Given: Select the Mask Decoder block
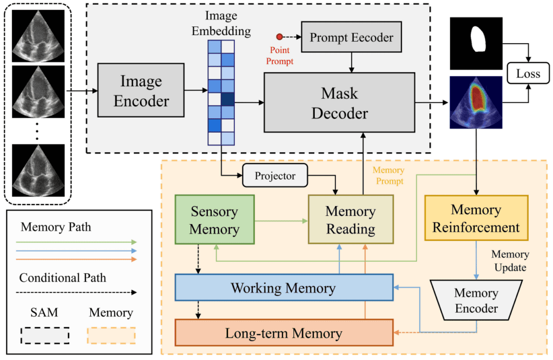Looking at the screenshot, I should (339, 103).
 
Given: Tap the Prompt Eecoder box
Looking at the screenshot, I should (351, 38).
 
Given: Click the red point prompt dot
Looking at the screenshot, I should (279, 37).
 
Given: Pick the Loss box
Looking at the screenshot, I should (528, 74).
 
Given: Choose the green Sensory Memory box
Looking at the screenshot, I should (214, 220).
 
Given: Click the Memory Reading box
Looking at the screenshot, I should (350, 220).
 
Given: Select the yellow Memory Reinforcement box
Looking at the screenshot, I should (476, 218).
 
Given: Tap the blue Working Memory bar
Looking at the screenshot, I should (284, 288).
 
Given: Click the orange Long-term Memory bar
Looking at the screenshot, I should (284, 333).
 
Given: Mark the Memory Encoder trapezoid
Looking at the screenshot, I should (476, 301).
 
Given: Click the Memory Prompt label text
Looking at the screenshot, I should (388, 175).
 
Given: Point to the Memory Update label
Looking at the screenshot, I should (510, 260).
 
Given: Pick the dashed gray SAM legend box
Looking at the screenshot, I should (44, 335).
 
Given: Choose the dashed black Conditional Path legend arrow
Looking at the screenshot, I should (78, 293).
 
